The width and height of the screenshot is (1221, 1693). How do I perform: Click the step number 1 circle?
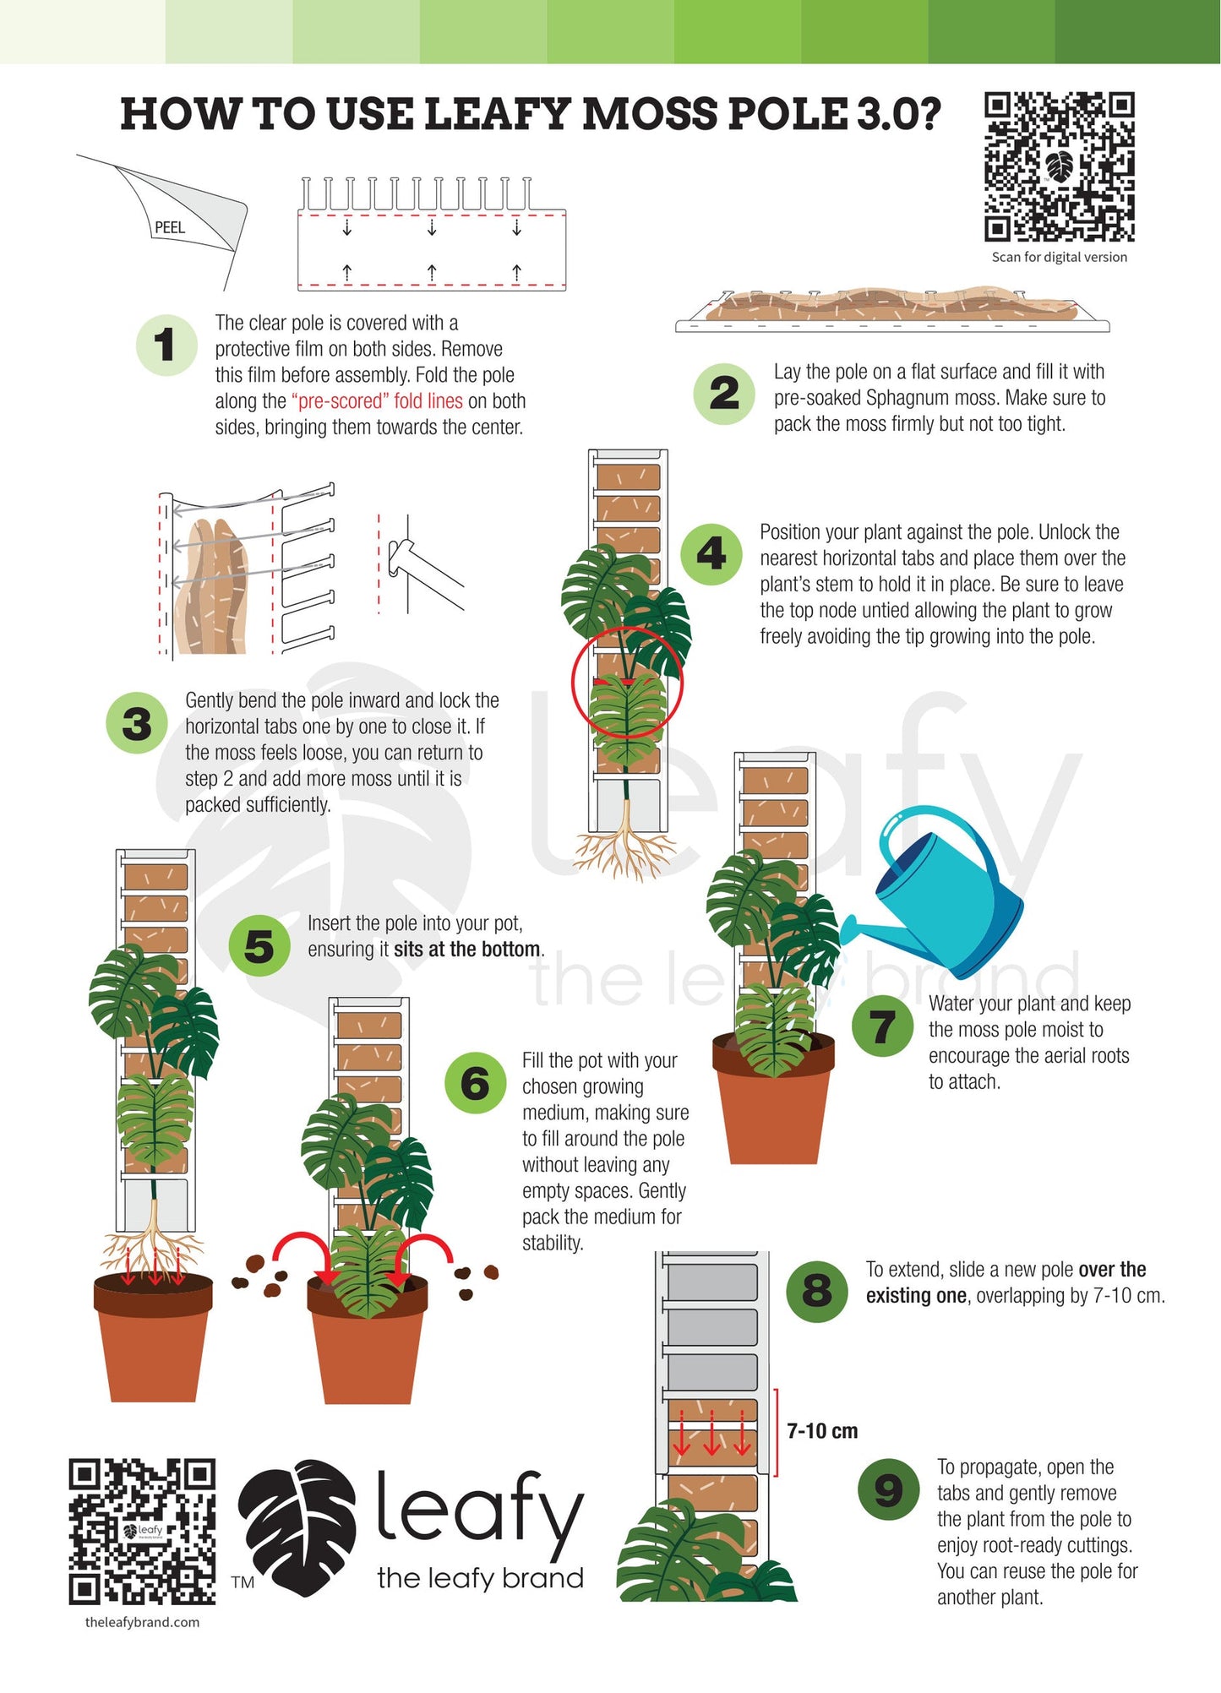pos(166,345)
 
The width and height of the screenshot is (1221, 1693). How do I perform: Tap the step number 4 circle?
pos(711,554)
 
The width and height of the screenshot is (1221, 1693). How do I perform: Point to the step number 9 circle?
pos(889,1489)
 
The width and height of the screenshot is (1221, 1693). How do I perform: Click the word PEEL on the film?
pos(170,227)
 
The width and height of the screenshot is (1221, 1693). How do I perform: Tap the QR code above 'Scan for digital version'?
pos(1060,166)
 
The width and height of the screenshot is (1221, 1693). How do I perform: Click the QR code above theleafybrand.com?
pos(142,1532)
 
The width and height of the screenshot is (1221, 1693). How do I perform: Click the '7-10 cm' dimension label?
pos(822,1430)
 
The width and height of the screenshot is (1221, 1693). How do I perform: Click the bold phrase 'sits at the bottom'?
pos(466,949)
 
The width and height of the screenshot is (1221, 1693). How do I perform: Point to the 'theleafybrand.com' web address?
pos(142,1622)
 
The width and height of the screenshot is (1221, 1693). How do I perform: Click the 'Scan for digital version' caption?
pos(1060,257)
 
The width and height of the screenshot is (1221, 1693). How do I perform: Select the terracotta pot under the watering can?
pos(773,1098)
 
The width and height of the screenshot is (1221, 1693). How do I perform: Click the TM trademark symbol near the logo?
pos(243,1582)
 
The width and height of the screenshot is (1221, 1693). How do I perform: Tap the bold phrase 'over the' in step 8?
pos(1112,1269)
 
